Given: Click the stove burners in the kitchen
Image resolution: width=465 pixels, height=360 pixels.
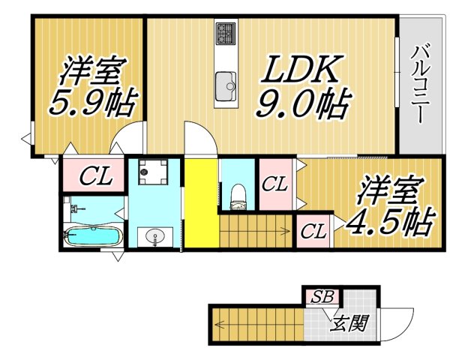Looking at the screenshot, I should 226,33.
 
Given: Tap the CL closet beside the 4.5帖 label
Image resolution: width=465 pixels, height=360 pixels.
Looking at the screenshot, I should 313,232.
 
